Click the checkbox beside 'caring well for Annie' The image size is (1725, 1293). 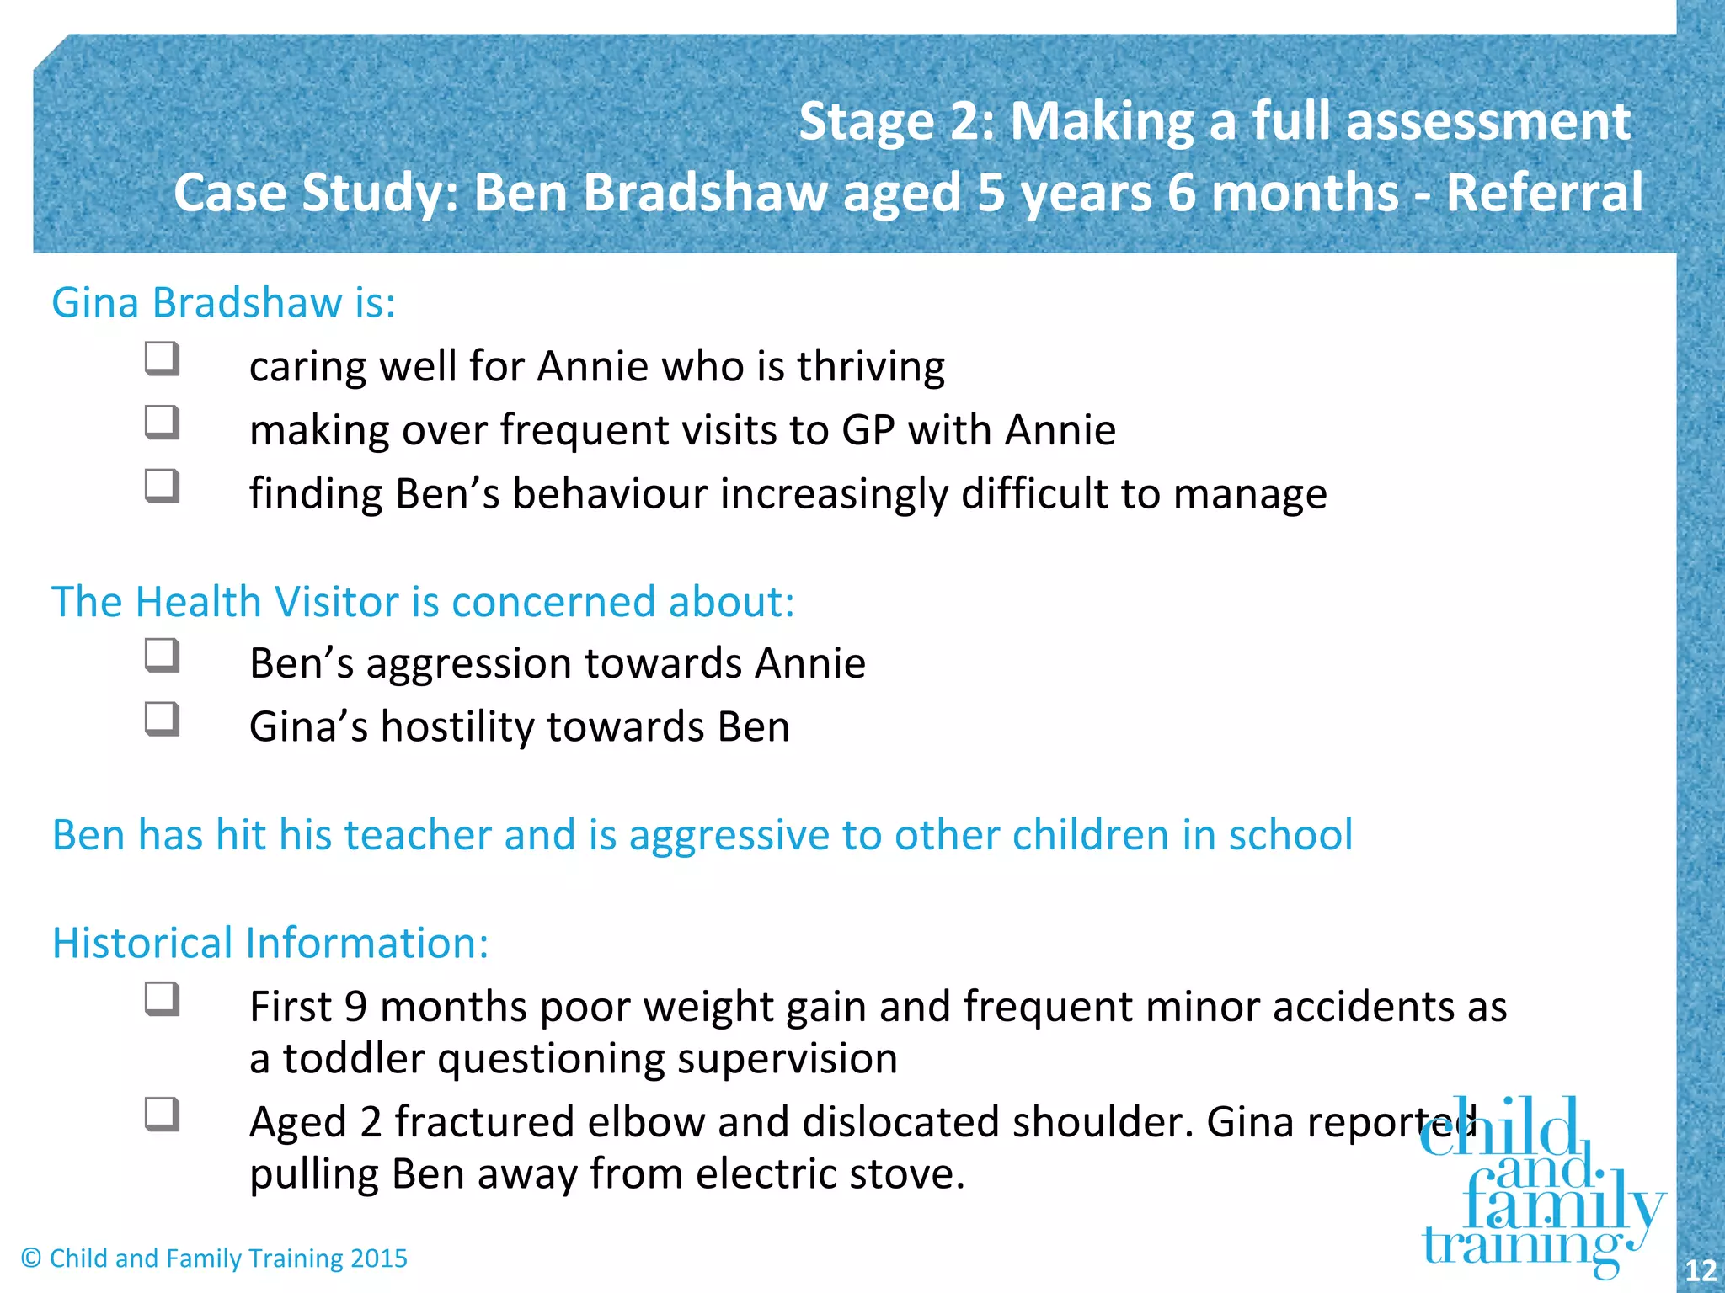(x=162, y=359)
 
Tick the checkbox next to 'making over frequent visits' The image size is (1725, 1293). (x=162, y=423)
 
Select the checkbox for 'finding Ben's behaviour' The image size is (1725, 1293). (x=162, y=486)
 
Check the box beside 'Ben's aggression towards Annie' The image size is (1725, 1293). (x=162, y=656)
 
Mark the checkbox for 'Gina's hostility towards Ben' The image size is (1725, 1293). (x=162, y=720)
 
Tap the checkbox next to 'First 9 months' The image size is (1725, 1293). (x=162, y=999)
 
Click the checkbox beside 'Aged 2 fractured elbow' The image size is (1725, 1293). (x=162, y=1115)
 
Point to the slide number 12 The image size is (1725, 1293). (x=1701, y=1270)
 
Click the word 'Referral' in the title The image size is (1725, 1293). (x=1544, y=193)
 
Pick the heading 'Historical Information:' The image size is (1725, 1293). (x=270, y=943)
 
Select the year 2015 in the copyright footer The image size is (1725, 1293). (x=378, y=1258)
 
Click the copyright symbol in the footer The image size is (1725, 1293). (x=31, y=1258)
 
